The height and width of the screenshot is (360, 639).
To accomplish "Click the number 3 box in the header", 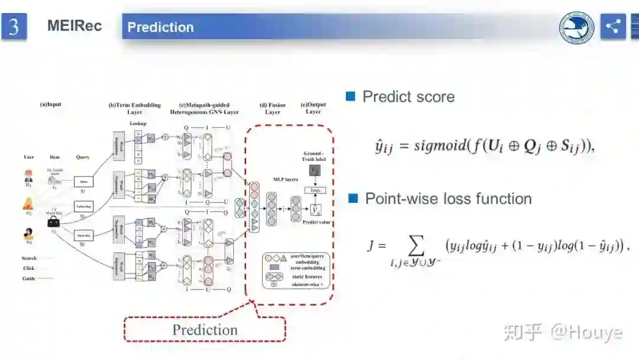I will coord(14,27).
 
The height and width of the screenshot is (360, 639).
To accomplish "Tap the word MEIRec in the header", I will coord(75,26).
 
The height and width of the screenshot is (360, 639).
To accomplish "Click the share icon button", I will coord(612,27).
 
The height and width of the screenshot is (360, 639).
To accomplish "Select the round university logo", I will coord(577,28).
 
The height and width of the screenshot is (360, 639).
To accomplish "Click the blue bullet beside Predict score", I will coord(350,97).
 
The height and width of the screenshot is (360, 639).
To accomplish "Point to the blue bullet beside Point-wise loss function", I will coord(353,198).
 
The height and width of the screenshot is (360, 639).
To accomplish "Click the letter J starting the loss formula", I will coord(372,245).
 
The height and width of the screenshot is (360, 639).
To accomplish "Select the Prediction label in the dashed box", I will coord(205,330).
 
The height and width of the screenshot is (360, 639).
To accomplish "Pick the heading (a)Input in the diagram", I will coord(50,105).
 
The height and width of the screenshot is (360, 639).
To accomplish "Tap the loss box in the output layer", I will coord(315,190).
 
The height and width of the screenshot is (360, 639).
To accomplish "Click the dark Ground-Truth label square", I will coord(315,171).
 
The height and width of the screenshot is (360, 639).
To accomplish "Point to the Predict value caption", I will coord(317,222).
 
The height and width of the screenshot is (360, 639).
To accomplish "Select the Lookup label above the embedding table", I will coord(137,123).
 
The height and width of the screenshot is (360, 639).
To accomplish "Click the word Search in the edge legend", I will coord(29,258).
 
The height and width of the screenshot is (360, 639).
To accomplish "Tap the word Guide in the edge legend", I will coord(29,278).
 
